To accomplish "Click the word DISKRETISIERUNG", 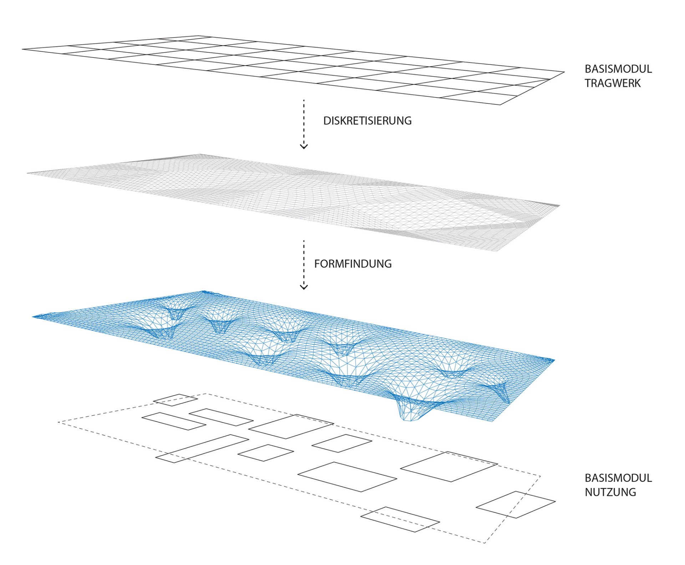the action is [x=367, y=121].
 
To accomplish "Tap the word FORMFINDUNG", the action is [x=353, y=264].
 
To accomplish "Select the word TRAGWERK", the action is [x=613, y=83].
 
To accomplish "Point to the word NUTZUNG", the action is [x=610, y=492].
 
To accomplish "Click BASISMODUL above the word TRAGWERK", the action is [x=618, y=69].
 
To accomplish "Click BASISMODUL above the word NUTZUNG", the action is [x=618, y=478].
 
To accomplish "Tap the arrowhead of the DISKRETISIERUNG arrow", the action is [x=304, y=146].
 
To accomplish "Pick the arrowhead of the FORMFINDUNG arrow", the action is [x=304, y=287].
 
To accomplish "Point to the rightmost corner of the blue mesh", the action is [x=555, y=360].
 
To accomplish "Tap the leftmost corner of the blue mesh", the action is [x=33, y=316].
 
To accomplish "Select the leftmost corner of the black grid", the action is [x=22, y=49].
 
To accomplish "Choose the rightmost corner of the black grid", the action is [x=564, y=72].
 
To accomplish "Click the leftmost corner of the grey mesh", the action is [x=27, y=173].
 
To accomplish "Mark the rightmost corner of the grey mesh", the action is [x=560, y=206].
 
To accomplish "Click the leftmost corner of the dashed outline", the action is [x=58, y=422].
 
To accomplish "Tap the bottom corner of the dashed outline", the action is [x=484, y=543].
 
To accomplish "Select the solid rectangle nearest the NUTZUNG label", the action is [x=516, y=505].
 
